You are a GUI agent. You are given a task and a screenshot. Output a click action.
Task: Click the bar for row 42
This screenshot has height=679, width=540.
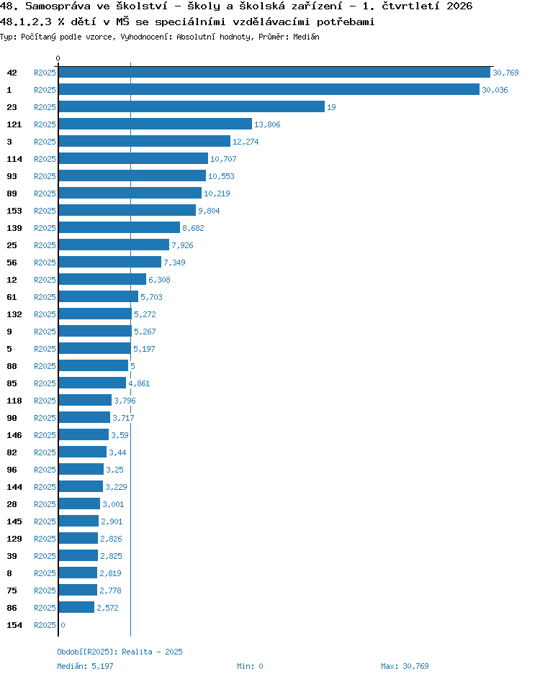coord(274,73)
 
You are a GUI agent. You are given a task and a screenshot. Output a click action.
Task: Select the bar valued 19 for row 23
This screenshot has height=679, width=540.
coord(192,106)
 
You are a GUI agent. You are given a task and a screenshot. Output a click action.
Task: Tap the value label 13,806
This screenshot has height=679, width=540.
coord(267,124)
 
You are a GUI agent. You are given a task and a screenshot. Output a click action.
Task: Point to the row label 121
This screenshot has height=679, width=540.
coord(14,124)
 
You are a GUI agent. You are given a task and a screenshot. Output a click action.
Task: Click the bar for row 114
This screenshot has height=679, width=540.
coord(133,158)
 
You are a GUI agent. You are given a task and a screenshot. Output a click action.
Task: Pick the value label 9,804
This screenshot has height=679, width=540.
coord(209,211)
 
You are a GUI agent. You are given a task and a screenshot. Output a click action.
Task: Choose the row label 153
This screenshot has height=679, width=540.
coord(14,211)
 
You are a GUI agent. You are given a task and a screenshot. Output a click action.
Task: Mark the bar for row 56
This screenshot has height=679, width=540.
coord(110,262)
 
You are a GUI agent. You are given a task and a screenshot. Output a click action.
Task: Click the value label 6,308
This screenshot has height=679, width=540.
coord(159,280)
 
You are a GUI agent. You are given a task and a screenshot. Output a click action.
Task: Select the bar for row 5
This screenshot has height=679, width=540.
coord(95,348)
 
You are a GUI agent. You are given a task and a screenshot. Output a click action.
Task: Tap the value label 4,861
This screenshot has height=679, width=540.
coord(139,383)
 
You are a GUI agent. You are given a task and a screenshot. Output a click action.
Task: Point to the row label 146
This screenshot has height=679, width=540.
coord(14,435)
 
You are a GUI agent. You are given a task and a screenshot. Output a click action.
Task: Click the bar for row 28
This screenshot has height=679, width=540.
coord(79,503)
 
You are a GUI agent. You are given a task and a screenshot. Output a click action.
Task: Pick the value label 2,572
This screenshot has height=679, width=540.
coord(107,608)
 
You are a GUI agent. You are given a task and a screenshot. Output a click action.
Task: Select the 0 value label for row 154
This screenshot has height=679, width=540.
coord(63,625)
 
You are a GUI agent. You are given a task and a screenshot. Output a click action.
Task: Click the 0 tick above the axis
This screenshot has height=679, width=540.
coord(58,58)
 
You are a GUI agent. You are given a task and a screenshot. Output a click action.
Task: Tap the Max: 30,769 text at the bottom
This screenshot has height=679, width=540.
coord(405,666)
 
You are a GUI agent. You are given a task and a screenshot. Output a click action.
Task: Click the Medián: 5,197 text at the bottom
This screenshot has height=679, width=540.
coord(86,666)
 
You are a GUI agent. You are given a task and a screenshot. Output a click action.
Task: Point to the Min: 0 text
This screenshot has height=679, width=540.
coord(250,666)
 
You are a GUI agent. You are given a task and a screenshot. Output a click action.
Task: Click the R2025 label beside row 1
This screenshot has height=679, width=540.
coord(45,90)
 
